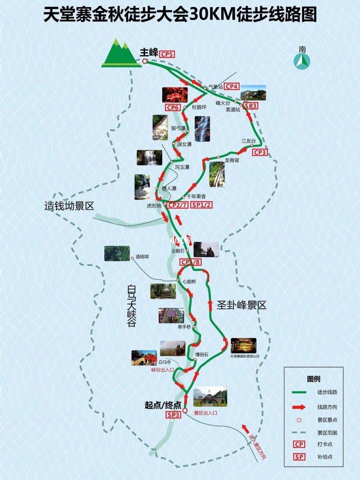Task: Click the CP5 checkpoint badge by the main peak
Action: pos(167,54)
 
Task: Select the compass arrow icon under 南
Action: pos(302,61)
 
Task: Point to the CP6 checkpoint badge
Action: pos(174,107)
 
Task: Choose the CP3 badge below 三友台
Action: pos(260,152)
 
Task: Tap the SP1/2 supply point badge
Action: pos(202,205)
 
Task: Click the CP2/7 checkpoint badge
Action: pos(178,205)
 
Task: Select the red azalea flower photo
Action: pos(175,95)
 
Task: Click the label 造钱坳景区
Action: pos(69,206)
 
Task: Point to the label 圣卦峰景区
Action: pos(242,305)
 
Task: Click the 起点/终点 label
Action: pos(163,405)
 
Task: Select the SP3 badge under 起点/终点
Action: pos(174,415)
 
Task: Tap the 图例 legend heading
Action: pos(313,379)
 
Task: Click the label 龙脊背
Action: pos(232,160)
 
